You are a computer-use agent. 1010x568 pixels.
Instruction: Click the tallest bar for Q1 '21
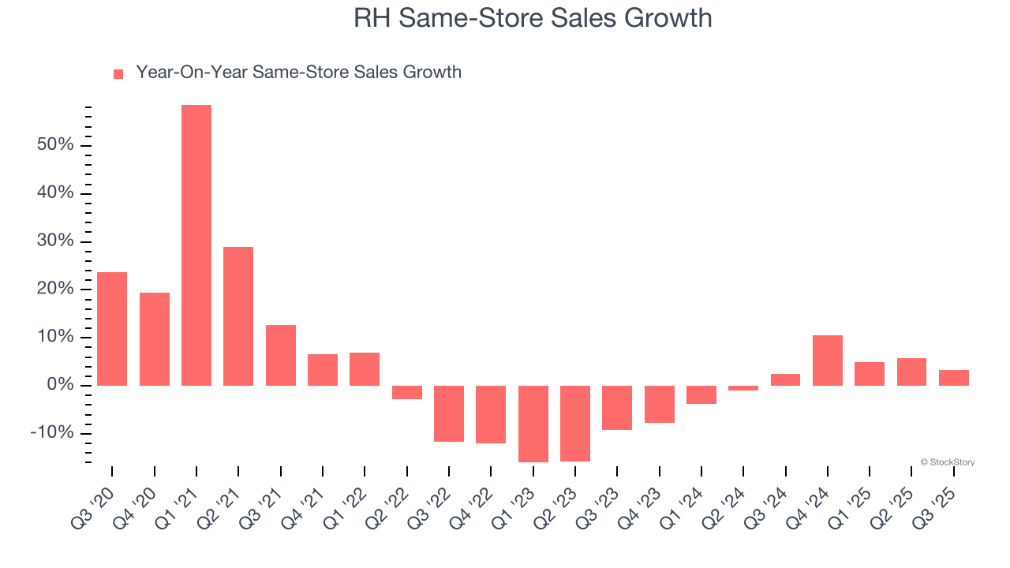196,245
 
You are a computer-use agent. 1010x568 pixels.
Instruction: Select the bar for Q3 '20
112,328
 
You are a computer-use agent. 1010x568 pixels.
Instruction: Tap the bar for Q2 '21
238,316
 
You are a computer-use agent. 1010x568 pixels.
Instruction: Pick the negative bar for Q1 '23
533,424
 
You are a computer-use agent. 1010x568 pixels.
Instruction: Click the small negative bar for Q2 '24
743,388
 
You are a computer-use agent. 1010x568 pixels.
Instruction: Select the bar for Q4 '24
828,360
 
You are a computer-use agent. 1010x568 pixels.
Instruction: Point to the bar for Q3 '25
954,377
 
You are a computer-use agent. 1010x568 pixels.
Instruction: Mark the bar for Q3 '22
449,413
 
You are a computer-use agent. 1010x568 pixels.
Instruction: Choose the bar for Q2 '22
407,392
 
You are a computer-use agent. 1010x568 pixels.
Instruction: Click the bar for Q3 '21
281,355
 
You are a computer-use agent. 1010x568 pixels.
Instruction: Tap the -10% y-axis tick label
52,433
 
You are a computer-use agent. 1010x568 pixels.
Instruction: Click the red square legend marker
118,73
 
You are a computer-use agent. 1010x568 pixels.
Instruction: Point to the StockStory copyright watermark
947,462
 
